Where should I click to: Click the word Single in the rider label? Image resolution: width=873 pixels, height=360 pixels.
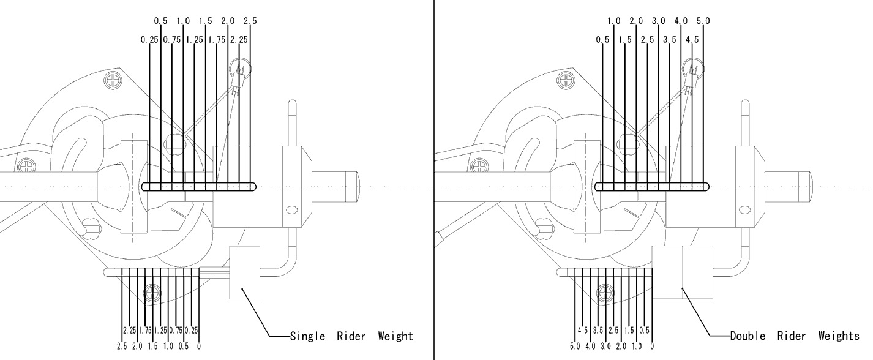(x=309, y=336)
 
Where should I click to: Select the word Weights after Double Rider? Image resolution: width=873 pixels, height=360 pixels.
(x=839, y=336)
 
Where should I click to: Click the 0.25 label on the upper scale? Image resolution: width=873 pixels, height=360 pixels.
(x=149, y=40)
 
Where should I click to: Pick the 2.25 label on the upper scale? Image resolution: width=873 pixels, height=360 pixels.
(x=239, y=40)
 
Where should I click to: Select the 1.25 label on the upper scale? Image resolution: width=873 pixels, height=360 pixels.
(x=194, y=40)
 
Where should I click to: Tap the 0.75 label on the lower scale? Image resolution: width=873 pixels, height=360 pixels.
(x=176, y=331)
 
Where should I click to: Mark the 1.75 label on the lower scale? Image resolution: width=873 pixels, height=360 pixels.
(x=146, y=331)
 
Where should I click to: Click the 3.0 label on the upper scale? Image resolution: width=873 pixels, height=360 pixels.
(x=659, y=21)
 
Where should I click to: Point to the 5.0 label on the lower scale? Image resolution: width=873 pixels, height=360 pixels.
(x=575, y=347)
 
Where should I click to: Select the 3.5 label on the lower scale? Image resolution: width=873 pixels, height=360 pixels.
(x=598, y=331)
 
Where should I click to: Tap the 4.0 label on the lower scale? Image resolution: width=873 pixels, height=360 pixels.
(x=590, y=347)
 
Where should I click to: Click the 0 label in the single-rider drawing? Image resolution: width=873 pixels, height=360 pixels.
(x=200, y=347)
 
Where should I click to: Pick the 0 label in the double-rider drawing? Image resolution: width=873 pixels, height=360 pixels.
(x=653, y=347)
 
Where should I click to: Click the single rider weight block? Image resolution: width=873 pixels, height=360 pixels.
(x=245, y=272)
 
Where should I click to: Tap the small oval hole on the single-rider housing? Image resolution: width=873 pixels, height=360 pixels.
(x=292, y=211)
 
